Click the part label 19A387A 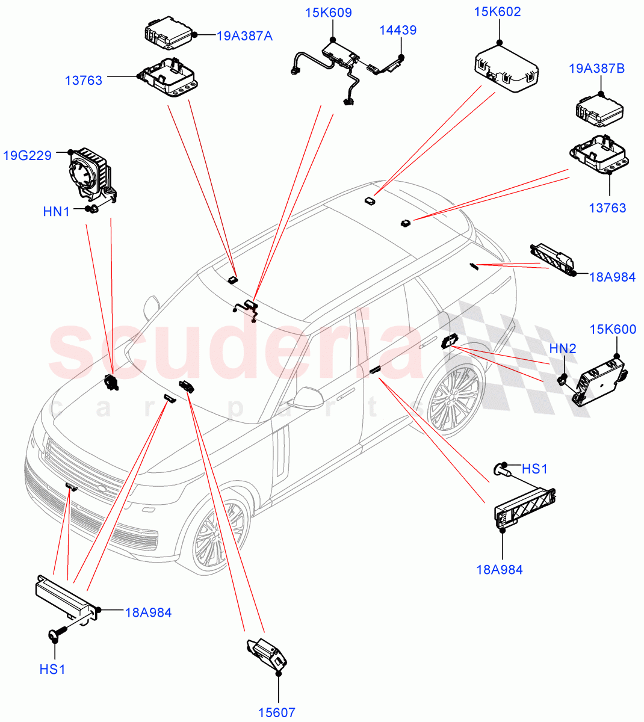[244, 36]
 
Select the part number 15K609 [328, 13]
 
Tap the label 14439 [397, 30]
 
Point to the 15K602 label [497, 12]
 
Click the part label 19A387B [596, 69]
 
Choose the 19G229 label [27, 156]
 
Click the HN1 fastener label [56, 211]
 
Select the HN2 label [563, 348]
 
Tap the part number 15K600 [613, 329]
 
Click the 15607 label [277, 712]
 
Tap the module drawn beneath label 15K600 [599, 381]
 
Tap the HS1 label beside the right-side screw [534, 469]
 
